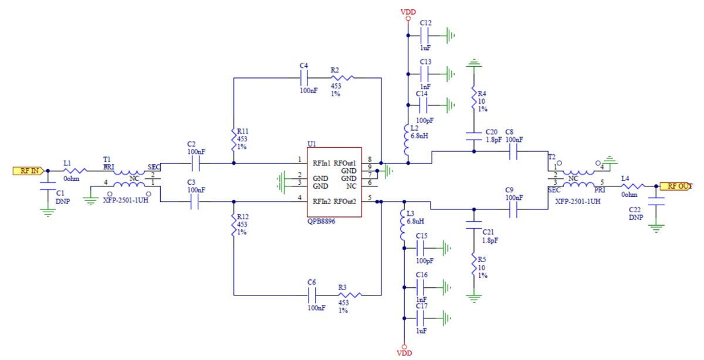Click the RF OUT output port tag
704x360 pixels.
point(676,186)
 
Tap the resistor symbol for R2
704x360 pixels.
point(343,77)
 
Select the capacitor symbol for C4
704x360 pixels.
point(304,77)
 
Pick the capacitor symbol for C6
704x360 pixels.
point(312,294)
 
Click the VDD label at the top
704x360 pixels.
point(408,12)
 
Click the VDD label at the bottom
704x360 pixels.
point(404,353)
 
